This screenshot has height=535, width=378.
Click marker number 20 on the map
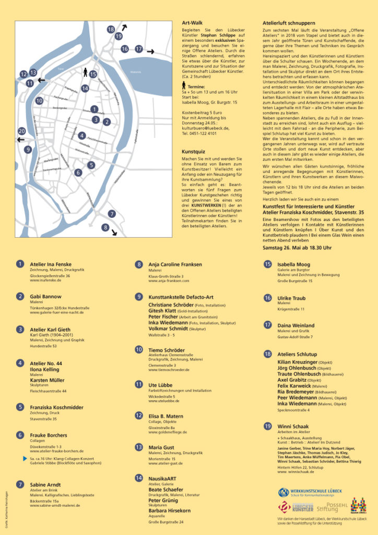pyautogui.click(x=21, y=131)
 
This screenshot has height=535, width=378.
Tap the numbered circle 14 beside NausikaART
pyautogui.click(x=138, y=478)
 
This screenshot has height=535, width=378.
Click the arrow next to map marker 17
pyautogui.click(x=150, y=52)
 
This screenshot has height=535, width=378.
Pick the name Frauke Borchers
pyautogui.click(x=49, y=435)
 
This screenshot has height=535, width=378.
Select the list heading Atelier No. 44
pyautogui.click(x=46, y=363)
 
